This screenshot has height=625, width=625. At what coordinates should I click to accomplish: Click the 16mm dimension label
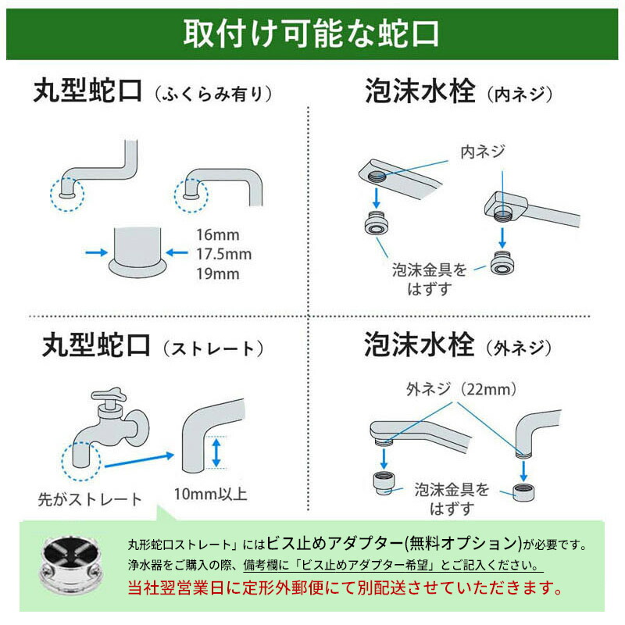pyautogui.click(x=217, y=234)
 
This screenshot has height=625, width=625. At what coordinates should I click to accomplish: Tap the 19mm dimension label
pyautogui.click(x=218, y=273)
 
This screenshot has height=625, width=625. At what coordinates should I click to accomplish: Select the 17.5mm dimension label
pyautogui.click(x=224, y=254)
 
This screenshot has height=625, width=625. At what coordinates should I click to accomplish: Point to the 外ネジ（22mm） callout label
pyautogui.click(x=461, y=388)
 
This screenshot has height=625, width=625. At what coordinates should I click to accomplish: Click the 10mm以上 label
pyautogui.click(x=210, y=494)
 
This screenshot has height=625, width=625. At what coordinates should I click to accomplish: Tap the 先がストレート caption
pyautogui.click(x=91, y=498)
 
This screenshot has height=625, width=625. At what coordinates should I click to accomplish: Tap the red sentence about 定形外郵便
pyautogui.click(x=344, y=585)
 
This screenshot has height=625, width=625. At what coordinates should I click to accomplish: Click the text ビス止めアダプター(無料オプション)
pyautogui.click(x=394, y=543)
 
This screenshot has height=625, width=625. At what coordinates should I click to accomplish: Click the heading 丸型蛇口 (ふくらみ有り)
pyautogui.click(x=152, y=93)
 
